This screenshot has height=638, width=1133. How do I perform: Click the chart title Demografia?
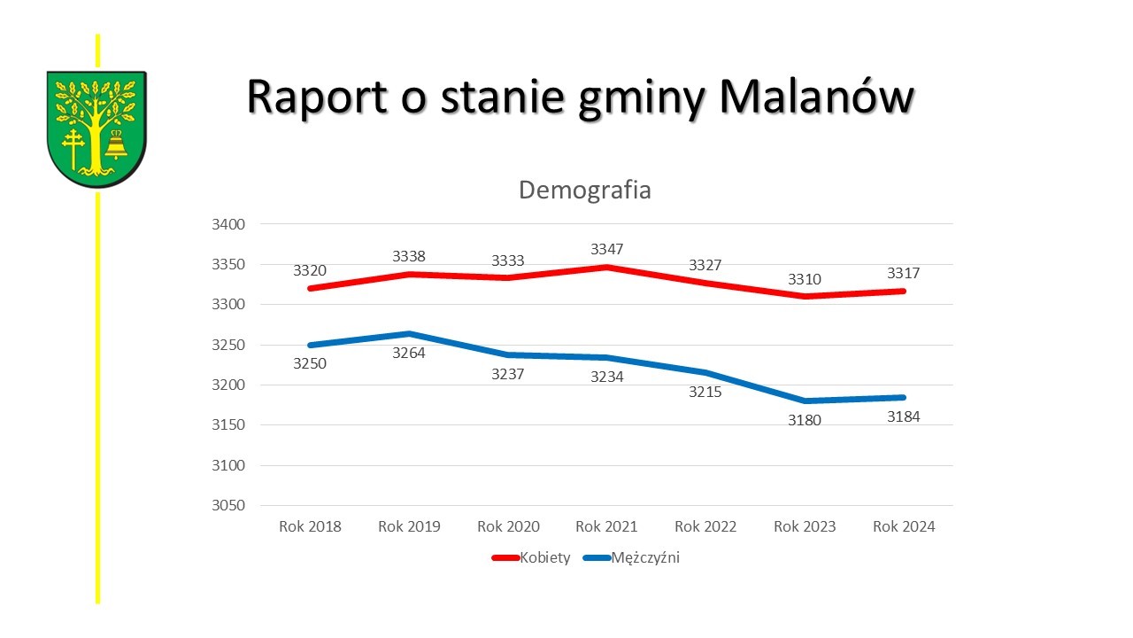(x=584, y=191)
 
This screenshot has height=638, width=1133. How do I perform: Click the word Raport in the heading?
(x=316, y=97)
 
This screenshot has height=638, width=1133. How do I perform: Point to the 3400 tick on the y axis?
(x=228, y=224)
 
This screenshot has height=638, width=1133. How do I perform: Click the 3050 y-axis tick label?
(x=228, y=506)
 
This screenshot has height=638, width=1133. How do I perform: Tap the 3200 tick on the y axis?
(x=228, y=385)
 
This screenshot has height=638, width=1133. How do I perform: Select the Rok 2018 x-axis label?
(x=310, y=526)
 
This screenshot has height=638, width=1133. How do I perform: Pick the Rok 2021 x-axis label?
(x=606, y=526)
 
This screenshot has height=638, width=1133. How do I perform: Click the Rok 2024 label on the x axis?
(x=904, y=526)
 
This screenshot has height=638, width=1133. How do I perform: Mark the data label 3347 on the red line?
(x=607, y=250)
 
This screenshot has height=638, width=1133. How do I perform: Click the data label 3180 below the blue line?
(x=805, y=420)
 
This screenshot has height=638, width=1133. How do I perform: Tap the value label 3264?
(x=409, y=353)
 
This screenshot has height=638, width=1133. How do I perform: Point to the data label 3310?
(x=805, y=279)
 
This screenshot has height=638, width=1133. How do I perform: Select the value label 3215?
(x=705, y=391)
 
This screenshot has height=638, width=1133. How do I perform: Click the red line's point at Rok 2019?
(x=409, y=274)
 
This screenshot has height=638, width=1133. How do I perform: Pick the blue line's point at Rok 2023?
(x=805, y=401)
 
